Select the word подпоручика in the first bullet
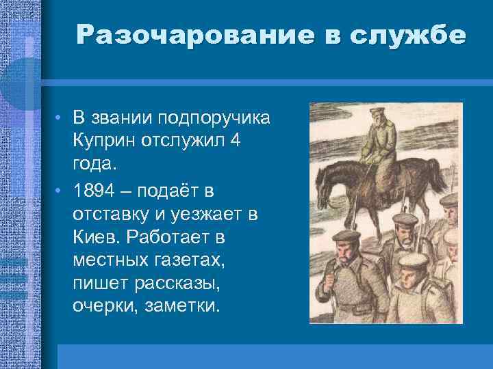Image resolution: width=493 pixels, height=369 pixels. coord(214,118)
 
